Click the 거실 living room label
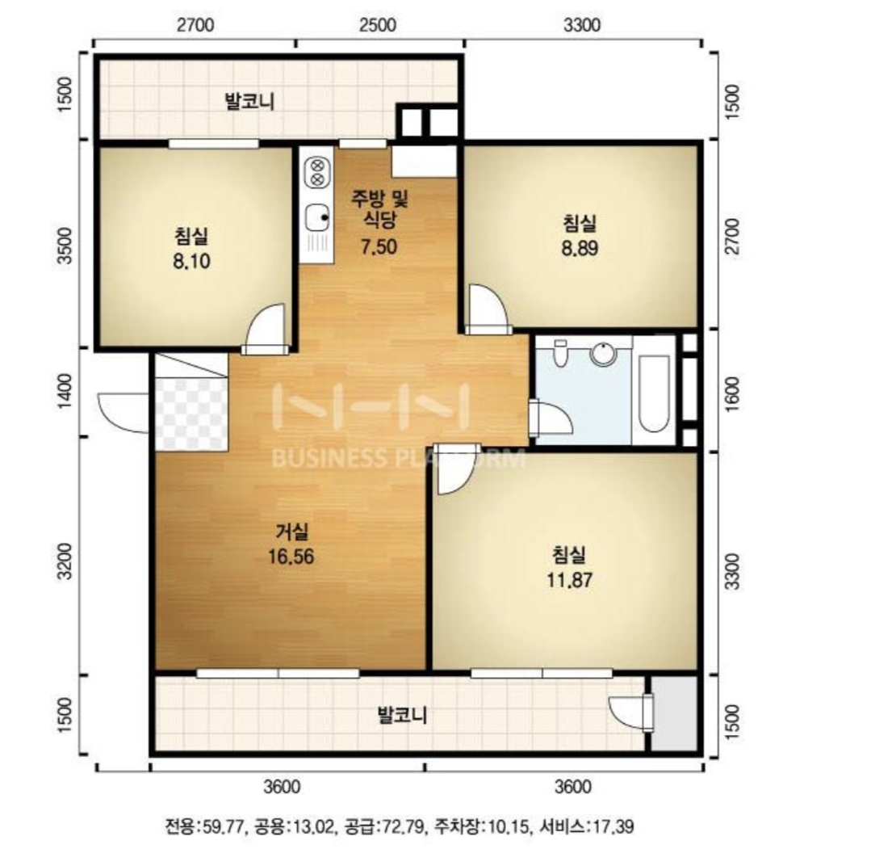[291, 532]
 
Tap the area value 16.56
[291, 557]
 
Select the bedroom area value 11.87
[569, 580]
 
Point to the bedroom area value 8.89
[580, 248]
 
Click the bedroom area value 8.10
[191, 261]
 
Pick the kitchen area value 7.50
[379, 246]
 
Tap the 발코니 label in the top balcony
[249, 102]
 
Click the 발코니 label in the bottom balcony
[402, 714]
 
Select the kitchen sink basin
[317, 217]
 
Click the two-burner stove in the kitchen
[317, 172]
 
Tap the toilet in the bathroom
[560, 353]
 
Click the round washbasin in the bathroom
[603, 354]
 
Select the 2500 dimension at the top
[378, 25]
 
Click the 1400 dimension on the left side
[65, 391]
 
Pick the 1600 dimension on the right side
[733, 393]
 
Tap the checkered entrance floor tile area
[191, 414]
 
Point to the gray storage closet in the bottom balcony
[673, 713]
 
